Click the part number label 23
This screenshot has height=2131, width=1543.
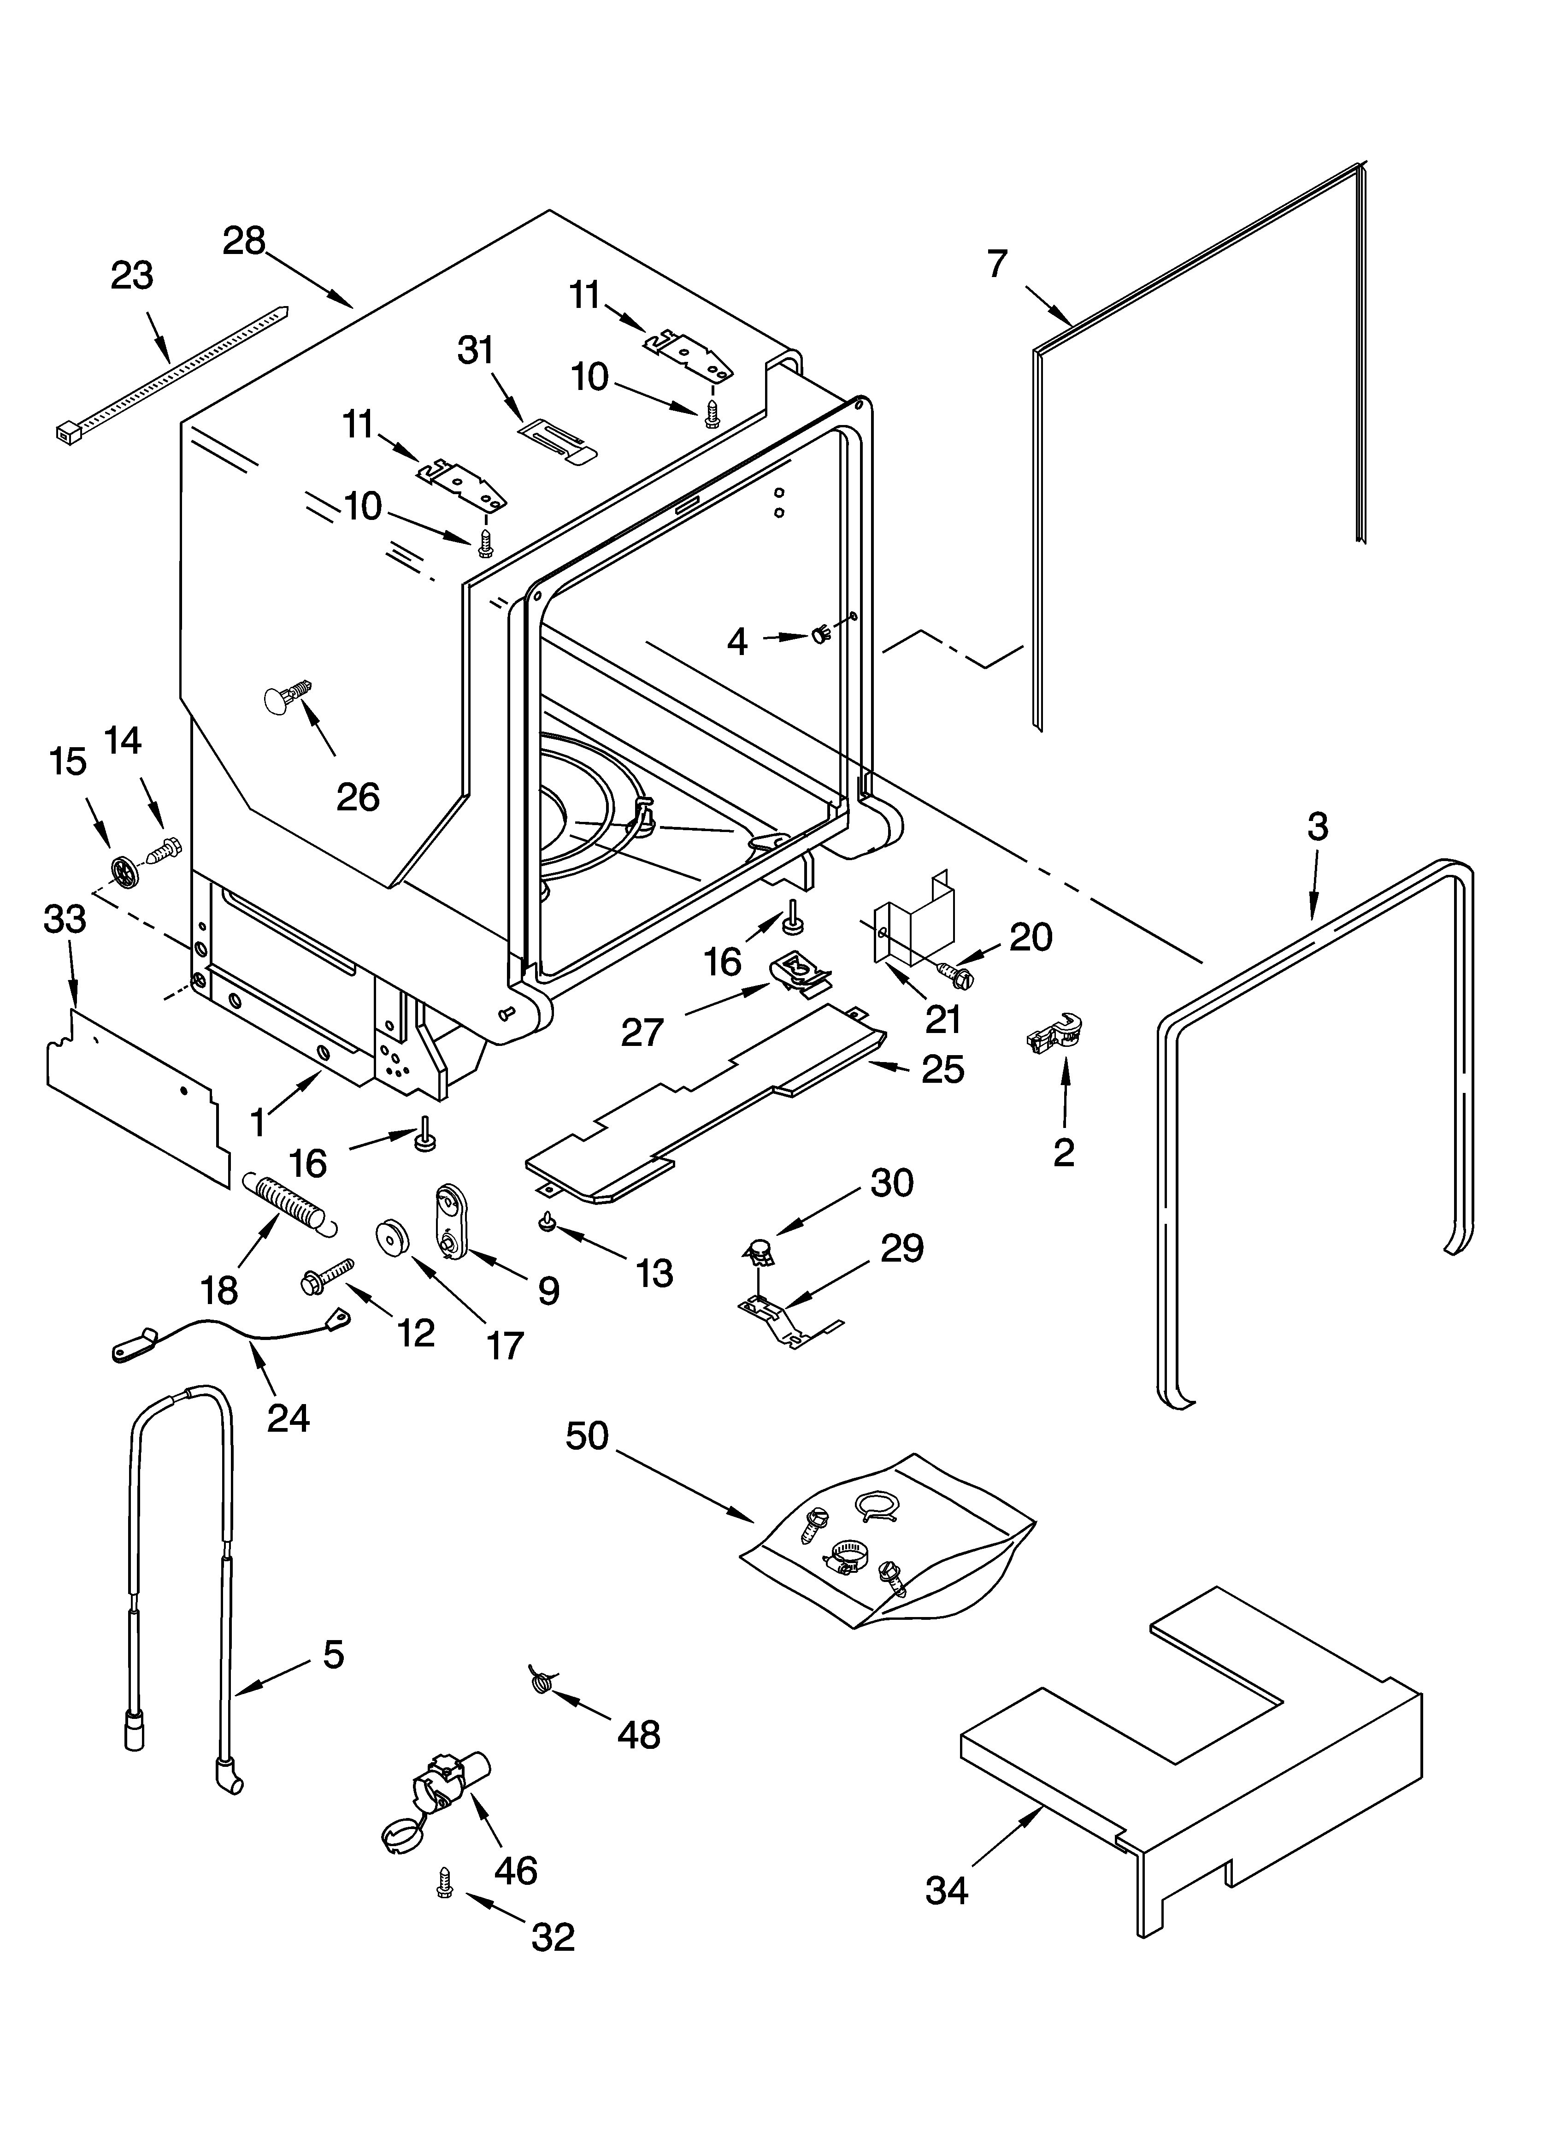[131, 276]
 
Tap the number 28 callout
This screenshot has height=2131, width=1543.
[244, 242]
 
